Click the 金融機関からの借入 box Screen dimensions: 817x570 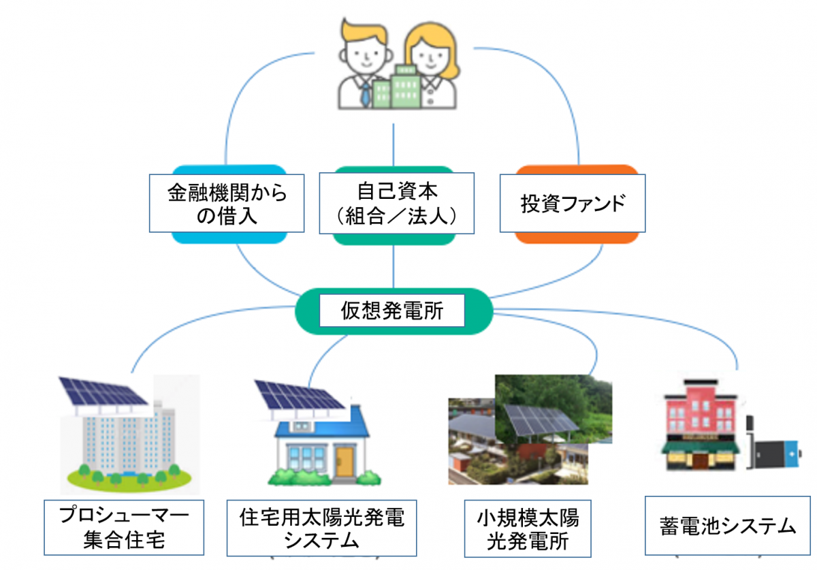click(227, 203)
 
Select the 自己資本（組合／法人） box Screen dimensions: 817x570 click(396, 203)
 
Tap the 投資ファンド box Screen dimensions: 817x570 click(573, 203)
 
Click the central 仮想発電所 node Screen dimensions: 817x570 click(394, 311)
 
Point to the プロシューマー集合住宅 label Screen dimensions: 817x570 click(124, 527)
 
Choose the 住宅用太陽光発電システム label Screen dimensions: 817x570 click(321, 528)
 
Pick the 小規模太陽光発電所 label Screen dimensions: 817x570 click(528, 528)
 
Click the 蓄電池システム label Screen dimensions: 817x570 click(727, 526)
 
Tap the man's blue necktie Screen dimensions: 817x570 click(365, 94)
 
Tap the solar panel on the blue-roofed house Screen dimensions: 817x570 click(298, 395)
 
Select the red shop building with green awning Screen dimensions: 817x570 click(701, 425)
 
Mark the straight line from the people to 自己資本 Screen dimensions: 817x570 click(394, 145)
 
